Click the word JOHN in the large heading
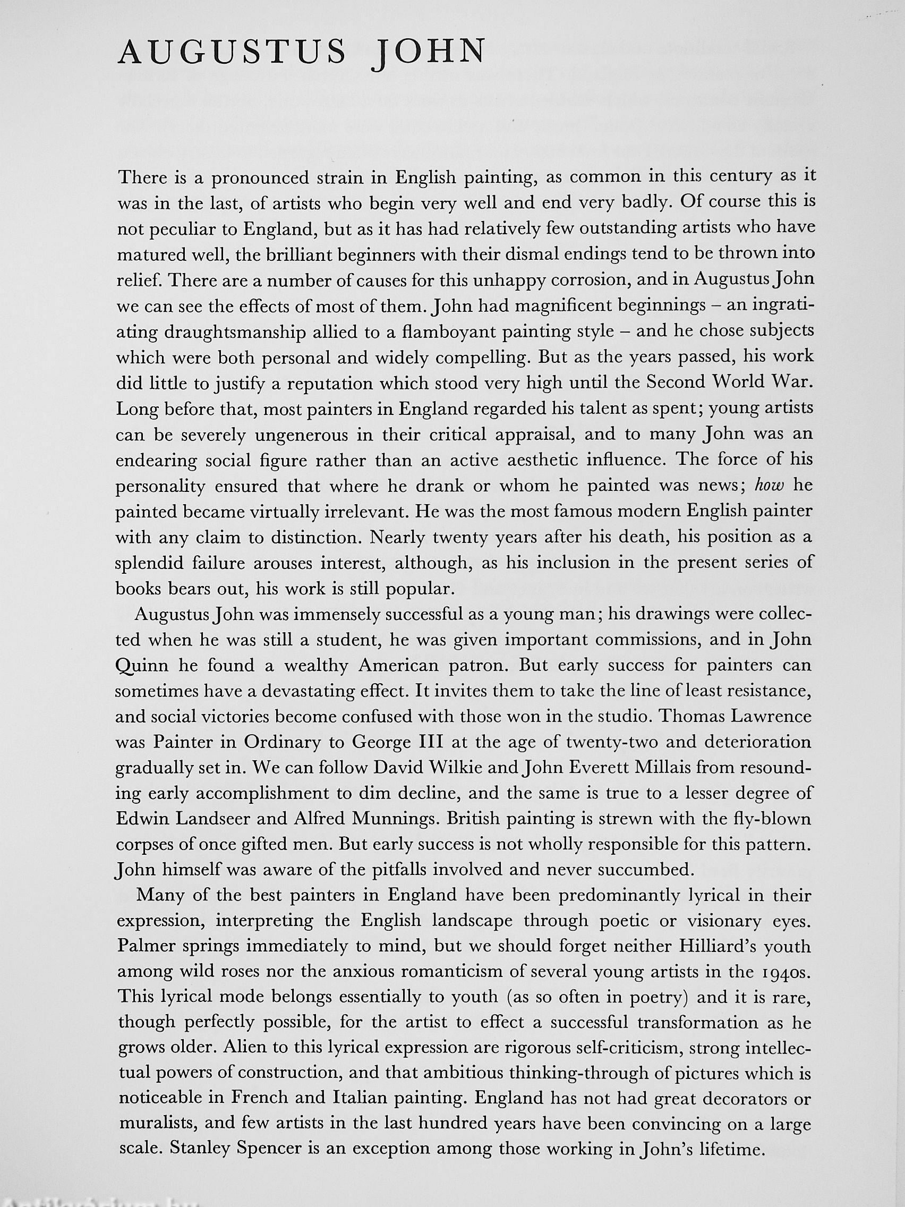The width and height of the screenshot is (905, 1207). coord(428,53)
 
